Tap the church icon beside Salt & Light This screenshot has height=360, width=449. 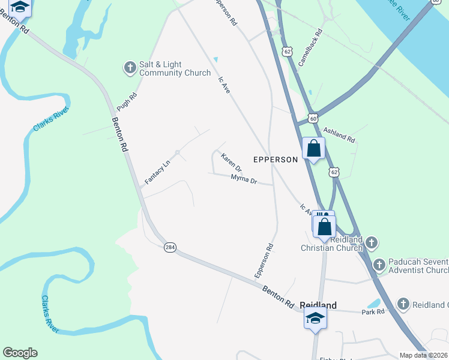pyautogui.click(x=130, y=68)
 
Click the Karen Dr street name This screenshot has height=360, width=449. pyautogui.click(x=231, y=161)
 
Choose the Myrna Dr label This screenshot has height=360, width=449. pyautogui.click(x=244, y=179)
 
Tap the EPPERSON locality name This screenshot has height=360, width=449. pyautogui.click(x=275, y=160)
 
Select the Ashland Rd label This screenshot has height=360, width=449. pyautogui.click(x=339, y=134)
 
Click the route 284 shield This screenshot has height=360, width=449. pyautogui.click(x=170, y=247)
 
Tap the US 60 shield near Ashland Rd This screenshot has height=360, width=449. pyautogui.click(x=313, y=118)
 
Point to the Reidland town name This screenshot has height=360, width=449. pyautogui.click(x=318, y=305)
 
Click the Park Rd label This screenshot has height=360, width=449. pyautogui.click(x=372, y=313)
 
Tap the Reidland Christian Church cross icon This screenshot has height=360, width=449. pyautogui.click(x=372, y=242)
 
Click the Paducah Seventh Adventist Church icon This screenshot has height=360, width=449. pyautogui.click(x=379, y=265)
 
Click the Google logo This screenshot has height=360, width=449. pyautogui.click(x=20, y=353)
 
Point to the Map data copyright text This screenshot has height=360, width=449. pyautogui.click(x=424, y=355)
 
